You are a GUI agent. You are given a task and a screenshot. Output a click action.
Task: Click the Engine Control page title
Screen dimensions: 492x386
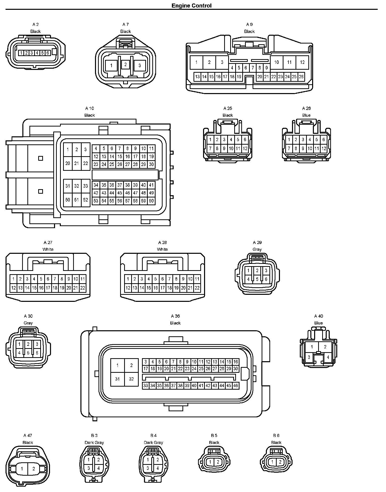click(191, 6)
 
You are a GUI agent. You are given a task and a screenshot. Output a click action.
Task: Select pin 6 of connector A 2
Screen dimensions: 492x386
click(48, 53)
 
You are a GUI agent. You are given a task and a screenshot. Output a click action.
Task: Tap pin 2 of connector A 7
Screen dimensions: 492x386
click(125, 64)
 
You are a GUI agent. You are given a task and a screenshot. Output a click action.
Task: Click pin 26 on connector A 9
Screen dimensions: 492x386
click(301, 77)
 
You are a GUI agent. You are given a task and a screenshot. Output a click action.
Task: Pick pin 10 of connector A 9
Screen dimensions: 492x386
click(276, 62)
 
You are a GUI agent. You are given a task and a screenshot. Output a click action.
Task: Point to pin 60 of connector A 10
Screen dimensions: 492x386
click(151, 201)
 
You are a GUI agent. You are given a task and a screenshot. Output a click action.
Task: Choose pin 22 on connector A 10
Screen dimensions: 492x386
click(85, 163)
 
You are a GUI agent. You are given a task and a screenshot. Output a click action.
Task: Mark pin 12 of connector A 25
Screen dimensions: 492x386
click(245, 148)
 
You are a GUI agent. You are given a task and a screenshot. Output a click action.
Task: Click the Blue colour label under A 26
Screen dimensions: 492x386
click(306, 115)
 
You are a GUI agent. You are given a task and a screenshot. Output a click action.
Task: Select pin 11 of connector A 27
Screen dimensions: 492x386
click(83, 279)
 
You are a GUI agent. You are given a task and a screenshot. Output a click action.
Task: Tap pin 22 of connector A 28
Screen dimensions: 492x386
click(197, 288)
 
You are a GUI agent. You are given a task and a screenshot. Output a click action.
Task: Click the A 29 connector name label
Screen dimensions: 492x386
click(257, 242)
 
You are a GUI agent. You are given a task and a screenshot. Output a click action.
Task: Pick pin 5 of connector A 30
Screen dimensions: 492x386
click(28, 353)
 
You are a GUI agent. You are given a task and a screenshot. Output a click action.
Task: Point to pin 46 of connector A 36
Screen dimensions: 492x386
click(235, 386)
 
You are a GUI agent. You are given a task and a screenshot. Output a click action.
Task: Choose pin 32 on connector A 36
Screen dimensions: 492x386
click(131, 379)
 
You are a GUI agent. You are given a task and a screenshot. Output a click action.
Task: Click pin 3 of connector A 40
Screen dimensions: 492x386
click(309, 357)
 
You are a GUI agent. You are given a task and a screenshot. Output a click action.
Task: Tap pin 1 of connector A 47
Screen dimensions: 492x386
click(22, 469)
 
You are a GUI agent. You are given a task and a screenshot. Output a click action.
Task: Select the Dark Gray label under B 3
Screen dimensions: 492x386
click(94, 442)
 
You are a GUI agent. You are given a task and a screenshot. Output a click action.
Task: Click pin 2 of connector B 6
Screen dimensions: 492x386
click(280, 462)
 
